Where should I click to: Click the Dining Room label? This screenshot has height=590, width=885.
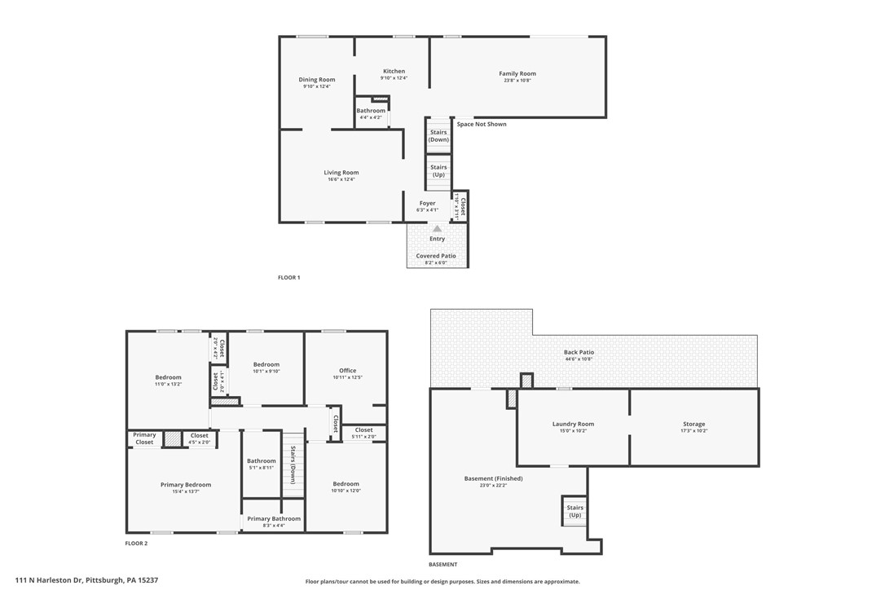tap(316, 79)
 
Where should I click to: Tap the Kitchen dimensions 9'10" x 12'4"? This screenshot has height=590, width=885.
tap(394, 78)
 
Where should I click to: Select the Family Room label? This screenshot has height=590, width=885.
tap(517, 74)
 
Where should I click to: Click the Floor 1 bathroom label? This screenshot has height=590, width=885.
tap(371, 111)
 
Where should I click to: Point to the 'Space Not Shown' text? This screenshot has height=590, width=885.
tap(481, 125)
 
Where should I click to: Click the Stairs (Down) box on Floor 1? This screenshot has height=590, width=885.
tap(438, 135)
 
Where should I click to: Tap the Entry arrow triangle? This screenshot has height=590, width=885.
tap(437, 229)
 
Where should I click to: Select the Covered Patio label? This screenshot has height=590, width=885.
tap(436, 256)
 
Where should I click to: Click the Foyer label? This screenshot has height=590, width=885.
tap(427, 203)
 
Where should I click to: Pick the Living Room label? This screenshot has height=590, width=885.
tap(341, 173)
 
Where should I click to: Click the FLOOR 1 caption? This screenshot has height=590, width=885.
tap(288, 278)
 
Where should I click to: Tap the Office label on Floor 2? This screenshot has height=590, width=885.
tap(347, 371)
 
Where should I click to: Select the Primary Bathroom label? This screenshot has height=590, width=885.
tap(274, 519)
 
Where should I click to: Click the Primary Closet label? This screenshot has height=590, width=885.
tap(144, 438)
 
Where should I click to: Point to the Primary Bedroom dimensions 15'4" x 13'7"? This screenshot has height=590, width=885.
tap(186, 491)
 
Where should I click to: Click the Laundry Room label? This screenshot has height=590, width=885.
tap(573, 424)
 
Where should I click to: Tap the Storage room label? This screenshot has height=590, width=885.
tap(693, 424)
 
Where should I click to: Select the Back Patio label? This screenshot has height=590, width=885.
tap(579, 352)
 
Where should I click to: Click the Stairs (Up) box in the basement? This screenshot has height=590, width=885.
tap(575, 511)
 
